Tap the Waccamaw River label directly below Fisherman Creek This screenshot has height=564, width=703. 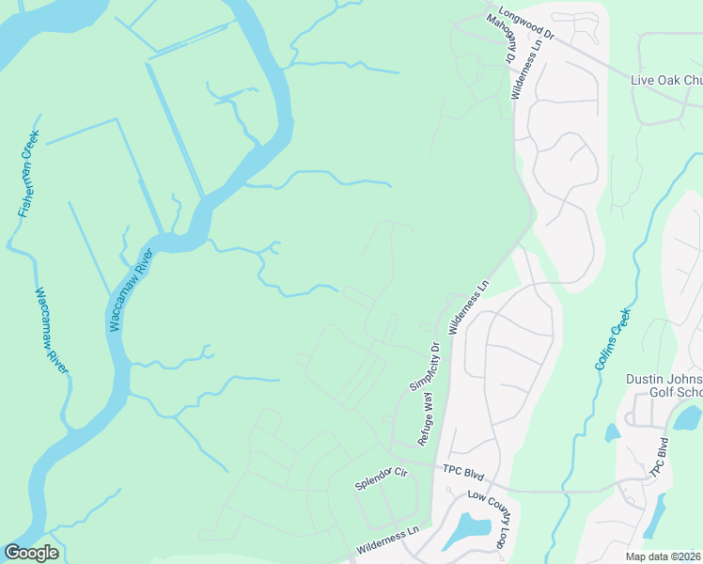click(53, 330)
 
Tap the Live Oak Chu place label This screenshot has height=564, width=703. click(665, 81)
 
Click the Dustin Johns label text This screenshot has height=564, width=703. click(664, 380)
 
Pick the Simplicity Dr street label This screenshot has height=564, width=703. click(425, 366)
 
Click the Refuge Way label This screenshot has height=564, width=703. click(429, 419)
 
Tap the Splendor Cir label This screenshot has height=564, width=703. click(380, 479)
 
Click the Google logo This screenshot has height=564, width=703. click(31, 553)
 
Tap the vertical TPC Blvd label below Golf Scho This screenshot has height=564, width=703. click(661, 459)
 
